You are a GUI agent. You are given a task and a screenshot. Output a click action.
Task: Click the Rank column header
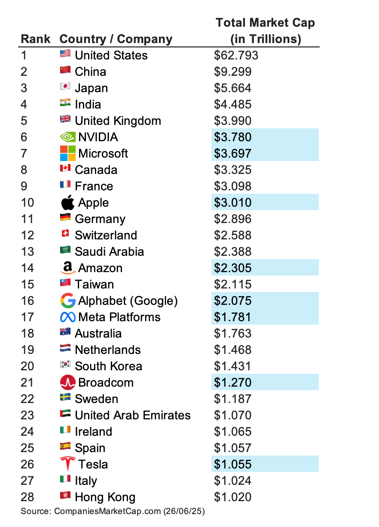pyautogui.click(x=35, y=39)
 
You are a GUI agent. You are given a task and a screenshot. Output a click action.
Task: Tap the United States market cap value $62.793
pyautogui.click(x=235, y=56)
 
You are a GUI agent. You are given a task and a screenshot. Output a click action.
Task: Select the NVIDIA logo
pyautogui.click(x=67, y=137)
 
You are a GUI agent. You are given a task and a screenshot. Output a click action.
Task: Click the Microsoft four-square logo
pyautogui.click(x=67, y=153)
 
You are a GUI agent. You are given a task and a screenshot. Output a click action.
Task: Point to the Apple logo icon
pyautogui.click(x=67, y=202)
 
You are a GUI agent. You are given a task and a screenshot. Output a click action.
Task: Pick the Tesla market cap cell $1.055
pyautogui.click(x=232, y=464)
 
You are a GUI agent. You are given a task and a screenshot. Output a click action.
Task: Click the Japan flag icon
pyautogui.click(x=65, y=87)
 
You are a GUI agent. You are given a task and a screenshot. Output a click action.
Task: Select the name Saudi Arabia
pyautogui.click(x=109, y=252)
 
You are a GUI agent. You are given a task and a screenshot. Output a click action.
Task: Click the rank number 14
pyautogui.click(x=28, y=268)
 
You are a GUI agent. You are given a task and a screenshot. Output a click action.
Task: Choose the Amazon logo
pyautogui.click(x=67, y=268)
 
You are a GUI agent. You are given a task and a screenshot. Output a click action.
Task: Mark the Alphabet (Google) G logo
pyautogui.click(x=67, y=301)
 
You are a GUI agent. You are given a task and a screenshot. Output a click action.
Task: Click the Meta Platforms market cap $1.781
pyautogui.click(x=232, y=317)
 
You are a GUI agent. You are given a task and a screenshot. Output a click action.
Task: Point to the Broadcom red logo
pyautogui.click(x=67, y=382)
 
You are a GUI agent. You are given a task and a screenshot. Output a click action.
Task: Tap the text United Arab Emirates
pyautogui.click(x=132, y=415)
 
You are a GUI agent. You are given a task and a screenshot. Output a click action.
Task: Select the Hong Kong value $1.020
pyautogui.click(x=232, y=497)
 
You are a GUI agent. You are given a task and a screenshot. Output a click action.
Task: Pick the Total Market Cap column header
pyautogui.click(x=265, y=31)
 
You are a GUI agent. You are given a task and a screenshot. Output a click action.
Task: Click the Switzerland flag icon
pyautogui.click(x=65, y=234)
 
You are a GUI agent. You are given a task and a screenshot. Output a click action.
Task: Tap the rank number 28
pyautogui.click(x=28, y=497)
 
